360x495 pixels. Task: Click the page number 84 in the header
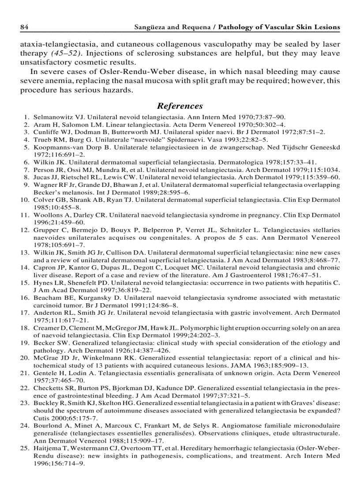pyautogui.click(x=24, y=27)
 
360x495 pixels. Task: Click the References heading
pyautogui.click(x=180, y=106)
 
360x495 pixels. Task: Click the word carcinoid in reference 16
pyautogui.click(x=49, y=305)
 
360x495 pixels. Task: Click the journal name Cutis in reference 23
pyautogui.click(x=42, y=418)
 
